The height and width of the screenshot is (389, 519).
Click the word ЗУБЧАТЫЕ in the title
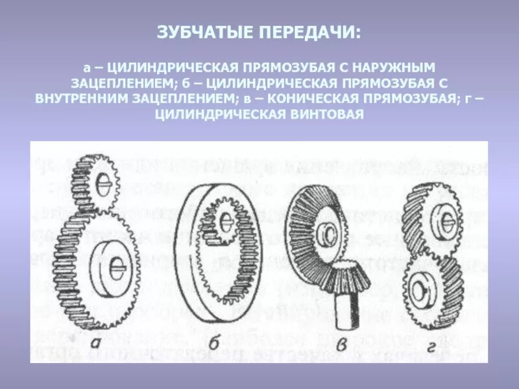206,32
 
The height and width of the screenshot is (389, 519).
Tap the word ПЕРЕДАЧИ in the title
309,32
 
